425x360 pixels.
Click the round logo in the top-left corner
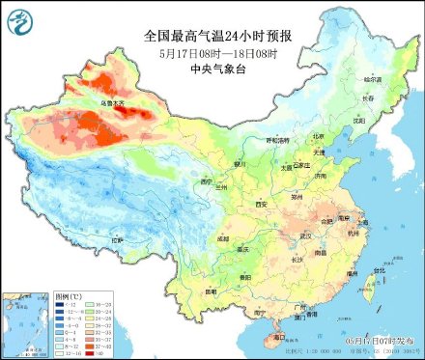click(19, 19)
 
